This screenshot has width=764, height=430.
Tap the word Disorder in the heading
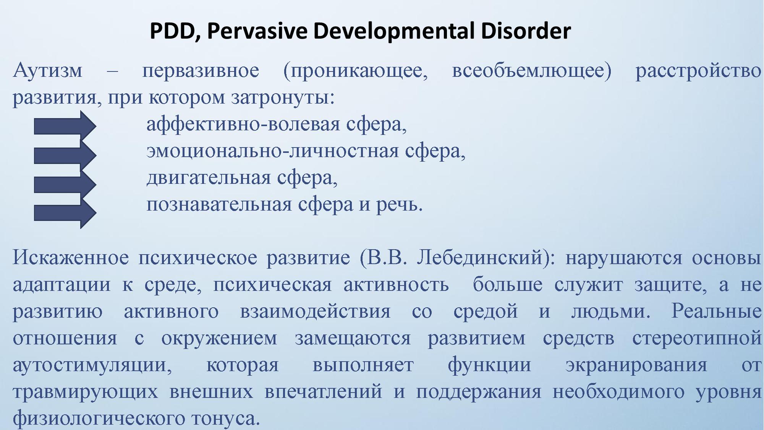(x=526, y=31)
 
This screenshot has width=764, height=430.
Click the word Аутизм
(x=48, y=71)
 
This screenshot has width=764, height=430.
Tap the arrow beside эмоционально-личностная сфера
(x=65, y=155)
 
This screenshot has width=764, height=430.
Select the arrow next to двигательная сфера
(x=65, y=185)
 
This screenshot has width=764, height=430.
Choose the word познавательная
(x=219, y=205)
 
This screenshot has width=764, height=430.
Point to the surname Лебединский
(x=480, y=258)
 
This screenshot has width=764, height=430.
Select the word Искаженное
(x=71, y=258)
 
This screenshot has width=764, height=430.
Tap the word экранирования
(x=636, y=365)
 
